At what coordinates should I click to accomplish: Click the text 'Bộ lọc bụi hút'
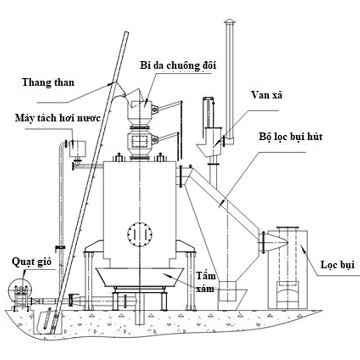click(x=291, y=137)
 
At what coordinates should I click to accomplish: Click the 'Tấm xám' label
click(x=206, y=282)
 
